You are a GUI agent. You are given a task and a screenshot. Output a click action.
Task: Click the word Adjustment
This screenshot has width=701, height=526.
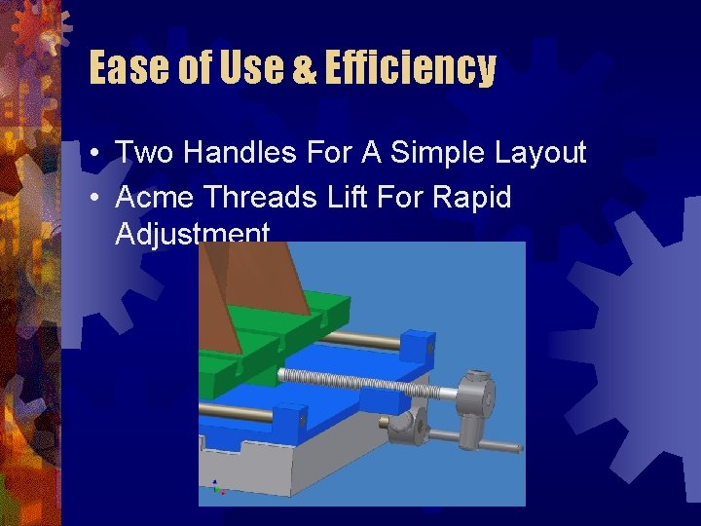tap(192, 234)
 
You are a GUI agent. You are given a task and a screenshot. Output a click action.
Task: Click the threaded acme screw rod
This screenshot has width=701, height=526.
tap(360, 383)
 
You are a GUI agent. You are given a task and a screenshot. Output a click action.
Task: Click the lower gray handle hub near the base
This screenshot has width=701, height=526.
tap(403, 426)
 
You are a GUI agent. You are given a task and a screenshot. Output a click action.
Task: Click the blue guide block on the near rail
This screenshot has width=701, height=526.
tap(288, 419)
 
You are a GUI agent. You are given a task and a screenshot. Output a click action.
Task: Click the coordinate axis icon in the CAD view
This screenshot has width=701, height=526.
tap(216, 486)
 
